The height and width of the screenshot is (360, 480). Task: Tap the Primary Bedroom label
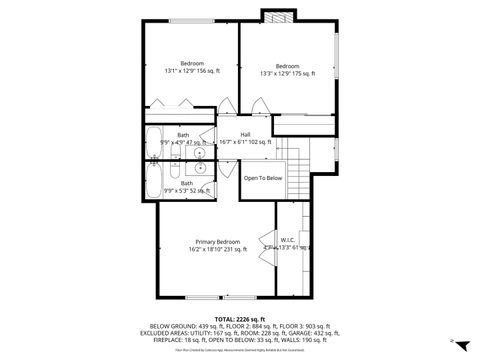(217, 242)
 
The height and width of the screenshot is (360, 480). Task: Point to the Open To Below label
(263, 178)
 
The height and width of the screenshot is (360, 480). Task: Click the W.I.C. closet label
(287, 241)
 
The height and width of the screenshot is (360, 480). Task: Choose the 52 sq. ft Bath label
(187, 184)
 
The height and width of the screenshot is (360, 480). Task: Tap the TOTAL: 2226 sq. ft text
(239, 318)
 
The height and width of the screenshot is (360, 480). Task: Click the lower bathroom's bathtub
(154, 179)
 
